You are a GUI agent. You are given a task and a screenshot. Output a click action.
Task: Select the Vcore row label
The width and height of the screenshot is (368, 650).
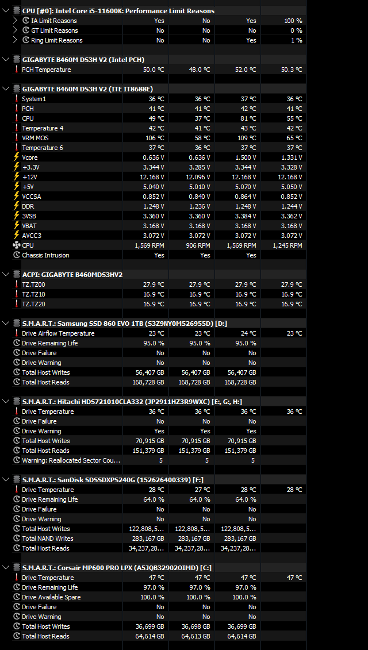tap(30, 157)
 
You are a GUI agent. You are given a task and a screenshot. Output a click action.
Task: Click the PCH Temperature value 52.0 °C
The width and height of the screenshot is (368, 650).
tap(242, 70)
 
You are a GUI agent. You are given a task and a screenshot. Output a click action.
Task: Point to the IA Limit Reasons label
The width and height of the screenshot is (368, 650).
tap(54, 21)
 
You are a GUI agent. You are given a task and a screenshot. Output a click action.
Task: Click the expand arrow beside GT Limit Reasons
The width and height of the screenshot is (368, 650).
tap(16, 30)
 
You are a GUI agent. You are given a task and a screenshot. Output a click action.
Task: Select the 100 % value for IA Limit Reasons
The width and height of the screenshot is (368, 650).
tap(293, 21)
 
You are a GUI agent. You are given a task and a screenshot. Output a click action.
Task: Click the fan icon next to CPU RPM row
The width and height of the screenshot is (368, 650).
tap(17, 245)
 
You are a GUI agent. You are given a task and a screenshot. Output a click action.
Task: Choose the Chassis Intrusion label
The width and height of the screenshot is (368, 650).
tap(45, 255)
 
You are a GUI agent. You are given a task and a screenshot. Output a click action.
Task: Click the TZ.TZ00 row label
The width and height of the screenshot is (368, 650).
tap(33, 284)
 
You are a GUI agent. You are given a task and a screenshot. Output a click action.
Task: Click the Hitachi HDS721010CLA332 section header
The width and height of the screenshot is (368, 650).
tap(132, 401)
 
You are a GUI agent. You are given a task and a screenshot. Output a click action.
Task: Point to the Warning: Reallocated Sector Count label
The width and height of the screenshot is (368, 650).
tap(71, 460)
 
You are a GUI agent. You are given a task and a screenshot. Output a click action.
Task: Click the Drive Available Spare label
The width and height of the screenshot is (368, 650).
tap(51, 597)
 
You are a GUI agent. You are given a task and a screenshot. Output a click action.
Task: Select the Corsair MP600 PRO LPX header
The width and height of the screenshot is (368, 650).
tap(117, 567)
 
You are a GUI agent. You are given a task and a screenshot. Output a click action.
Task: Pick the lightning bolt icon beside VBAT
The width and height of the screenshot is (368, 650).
tap(17, 226)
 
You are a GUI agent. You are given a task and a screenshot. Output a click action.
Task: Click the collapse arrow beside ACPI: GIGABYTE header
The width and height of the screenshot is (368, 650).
tap(5, 275)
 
